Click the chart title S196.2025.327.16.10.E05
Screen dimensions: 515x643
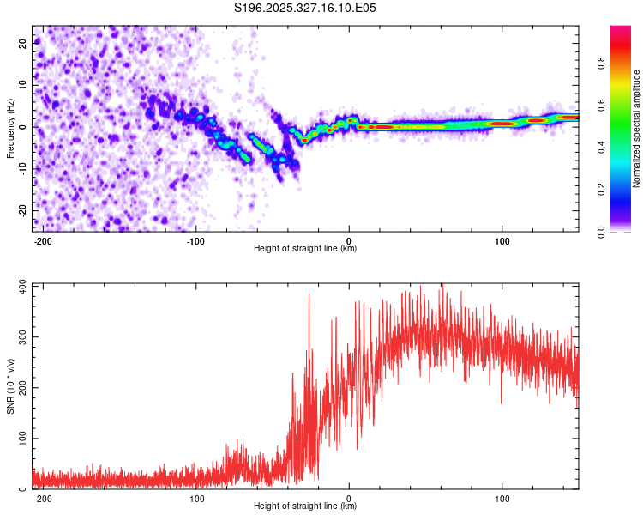(305, 8)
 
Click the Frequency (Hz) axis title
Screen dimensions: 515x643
(9, 129)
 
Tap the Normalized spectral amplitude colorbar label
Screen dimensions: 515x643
(637, 129)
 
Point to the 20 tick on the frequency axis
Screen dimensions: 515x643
(22, 42)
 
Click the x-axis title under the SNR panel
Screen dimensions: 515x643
(305, 506)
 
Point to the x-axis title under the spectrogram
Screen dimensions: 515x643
(305, 249)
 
